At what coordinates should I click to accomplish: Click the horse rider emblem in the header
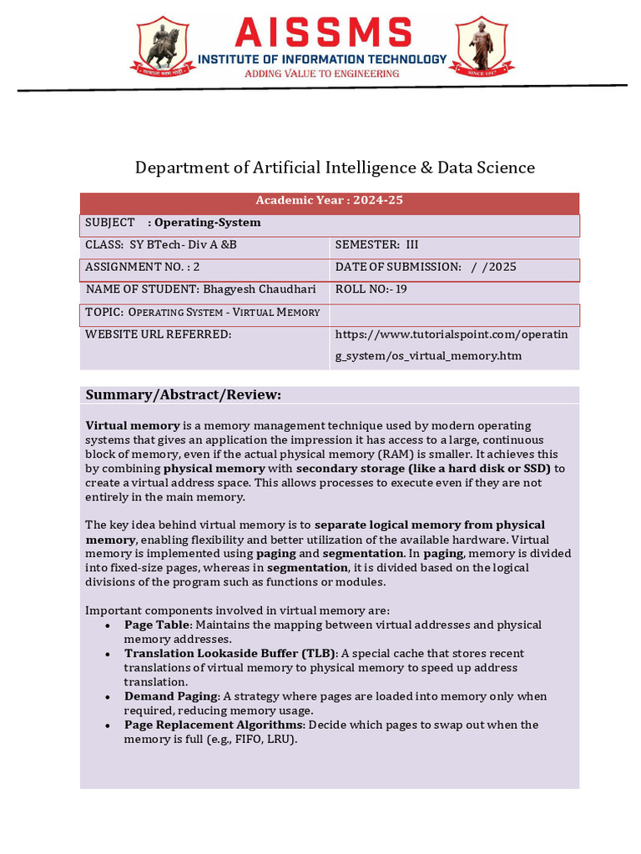[x=160, y=47]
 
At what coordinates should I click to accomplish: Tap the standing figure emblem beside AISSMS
[x=482, y=47]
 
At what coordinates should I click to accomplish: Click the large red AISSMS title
[x=323, y=33]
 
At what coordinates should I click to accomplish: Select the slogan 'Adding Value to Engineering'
[x=321, y=73]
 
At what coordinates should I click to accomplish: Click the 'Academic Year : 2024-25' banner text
[x=329, y=200]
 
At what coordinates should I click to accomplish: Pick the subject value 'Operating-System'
[x=208, y=223]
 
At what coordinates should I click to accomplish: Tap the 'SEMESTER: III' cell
[x=376, y=245]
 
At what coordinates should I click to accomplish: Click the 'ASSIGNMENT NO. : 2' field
[x=143, y=267]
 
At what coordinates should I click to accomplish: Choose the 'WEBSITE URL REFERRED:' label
[x=159, y=334]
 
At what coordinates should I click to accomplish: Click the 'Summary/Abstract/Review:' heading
[x=184, y=394]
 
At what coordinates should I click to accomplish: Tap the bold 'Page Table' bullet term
[x=158, y=625]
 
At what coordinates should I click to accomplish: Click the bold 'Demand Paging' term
[x=171, y=696]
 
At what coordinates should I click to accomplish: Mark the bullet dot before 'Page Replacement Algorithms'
[x=109, y=726]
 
